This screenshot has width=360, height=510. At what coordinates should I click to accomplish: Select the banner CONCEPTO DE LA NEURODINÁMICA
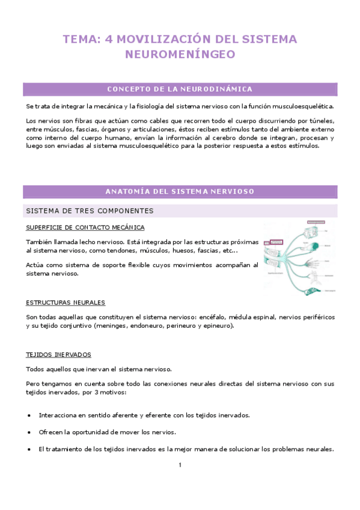(x=180, y=90)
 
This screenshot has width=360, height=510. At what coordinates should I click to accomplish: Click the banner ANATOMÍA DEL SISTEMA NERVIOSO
(x=180, y=192)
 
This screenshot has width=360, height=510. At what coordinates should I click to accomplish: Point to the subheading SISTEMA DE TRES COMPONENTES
(x=90, y=211)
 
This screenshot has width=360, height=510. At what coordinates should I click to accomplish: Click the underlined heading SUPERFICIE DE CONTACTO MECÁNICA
(x=85, y=227)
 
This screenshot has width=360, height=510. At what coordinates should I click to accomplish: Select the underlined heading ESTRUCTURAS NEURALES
(x=66, y=303)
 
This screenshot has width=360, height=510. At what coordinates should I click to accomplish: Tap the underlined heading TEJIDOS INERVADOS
(x=58, y=354)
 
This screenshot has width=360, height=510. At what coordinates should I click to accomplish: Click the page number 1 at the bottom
(x=180, y=465)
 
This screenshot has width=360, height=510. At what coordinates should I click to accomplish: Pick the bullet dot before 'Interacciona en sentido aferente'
(x=29, y=416)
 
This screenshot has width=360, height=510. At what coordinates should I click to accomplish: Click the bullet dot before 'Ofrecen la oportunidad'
(x=29, y=432)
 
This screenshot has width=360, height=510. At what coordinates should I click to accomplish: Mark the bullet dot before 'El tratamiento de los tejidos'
(x=29, y=449)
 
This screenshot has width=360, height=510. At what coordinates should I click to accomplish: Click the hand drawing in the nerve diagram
(x=310, y=262)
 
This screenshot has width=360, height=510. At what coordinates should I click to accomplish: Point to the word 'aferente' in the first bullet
(x=120, y=416)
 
